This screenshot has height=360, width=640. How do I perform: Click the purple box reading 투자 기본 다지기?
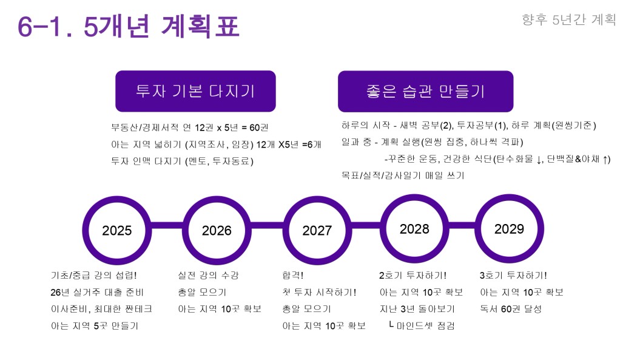(x=195, y=91)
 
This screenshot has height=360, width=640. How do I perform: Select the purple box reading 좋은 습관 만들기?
(x=426, y=92)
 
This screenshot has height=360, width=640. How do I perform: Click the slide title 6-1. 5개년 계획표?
(x=128, y=26)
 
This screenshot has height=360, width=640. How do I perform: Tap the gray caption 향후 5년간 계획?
(x=569, y=19)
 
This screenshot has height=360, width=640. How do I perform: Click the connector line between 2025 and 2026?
(x=167, y=226)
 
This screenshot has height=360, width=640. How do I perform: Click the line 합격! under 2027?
(x=292, y=275)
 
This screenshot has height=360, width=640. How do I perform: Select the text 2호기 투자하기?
(x=413, y=276)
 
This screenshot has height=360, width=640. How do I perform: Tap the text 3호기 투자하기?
(x=513, y=276)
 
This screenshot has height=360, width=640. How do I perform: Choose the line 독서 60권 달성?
(x=511, y=309)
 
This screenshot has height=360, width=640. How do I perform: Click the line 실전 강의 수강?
(x=208, y=276)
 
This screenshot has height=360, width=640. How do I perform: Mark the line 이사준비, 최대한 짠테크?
(x=101, y=309)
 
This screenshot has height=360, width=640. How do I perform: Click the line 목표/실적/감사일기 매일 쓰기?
(x=403, y=175)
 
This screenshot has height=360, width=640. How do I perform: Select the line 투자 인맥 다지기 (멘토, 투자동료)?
(x=183, y=161)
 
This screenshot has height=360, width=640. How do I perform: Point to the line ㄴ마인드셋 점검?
(x=422, y=325)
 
